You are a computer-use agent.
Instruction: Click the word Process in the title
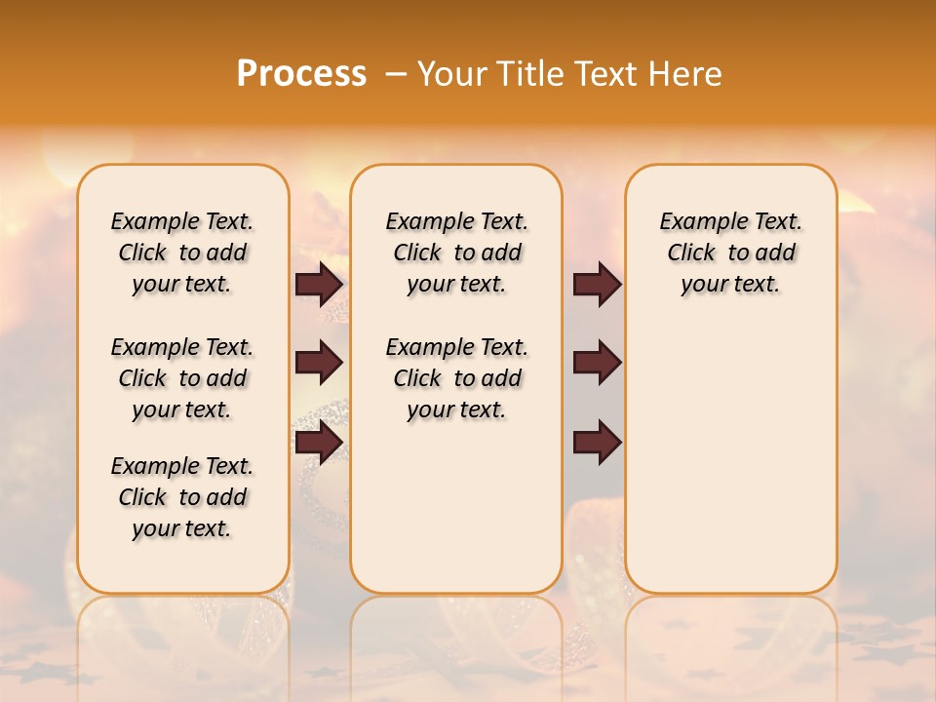(301, 74)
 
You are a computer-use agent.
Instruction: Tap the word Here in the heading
(687, 74)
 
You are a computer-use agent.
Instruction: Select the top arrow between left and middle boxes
(319, 285)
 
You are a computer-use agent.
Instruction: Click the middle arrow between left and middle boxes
(319, 363)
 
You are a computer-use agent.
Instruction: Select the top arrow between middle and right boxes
(597, 285)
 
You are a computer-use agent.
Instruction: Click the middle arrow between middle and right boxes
(597, 363)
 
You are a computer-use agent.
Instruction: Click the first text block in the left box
(182, 253)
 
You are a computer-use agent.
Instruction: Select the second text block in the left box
(182, 378)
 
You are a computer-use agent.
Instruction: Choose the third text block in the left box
(182, 497)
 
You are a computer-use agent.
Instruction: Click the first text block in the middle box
(456, 253)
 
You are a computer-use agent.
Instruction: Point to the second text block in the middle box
(456, 378)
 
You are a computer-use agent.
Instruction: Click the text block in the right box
(730, 253)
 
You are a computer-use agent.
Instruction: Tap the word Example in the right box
(696, 221)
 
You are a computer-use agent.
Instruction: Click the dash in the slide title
(396, 74)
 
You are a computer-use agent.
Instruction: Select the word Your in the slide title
(450, 74)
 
